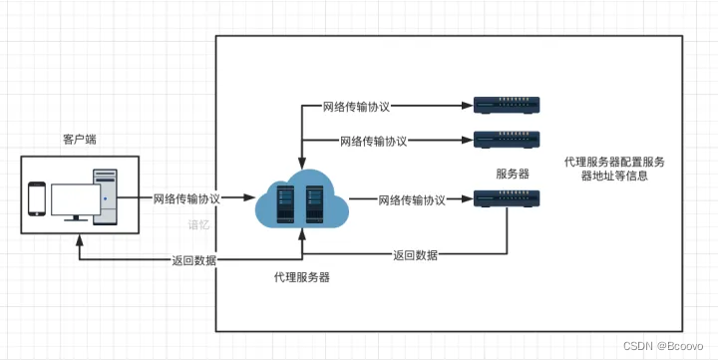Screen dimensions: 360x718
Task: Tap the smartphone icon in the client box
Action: [x=37, y=198]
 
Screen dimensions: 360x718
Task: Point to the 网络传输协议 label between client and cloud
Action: [x=187, y=198]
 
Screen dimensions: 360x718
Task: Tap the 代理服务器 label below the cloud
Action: [x=301, y=276]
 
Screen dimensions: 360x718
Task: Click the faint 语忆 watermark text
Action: [x=200, y=225]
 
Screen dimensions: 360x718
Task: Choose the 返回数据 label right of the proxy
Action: [x=415, y=255]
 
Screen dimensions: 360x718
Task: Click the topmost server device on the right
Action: [x=506, y=104]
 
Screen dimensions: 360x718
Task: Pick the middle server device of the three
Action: [x=506, y=139]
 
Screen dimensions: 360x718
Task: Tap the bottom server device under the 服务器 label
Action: [x=506, y=200]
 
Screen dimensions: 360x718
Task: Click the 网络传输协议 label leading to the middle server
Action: [x=373, y=141]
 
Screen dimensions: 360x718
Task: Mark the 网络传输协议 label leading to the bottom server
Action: [x=412, y=200]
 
